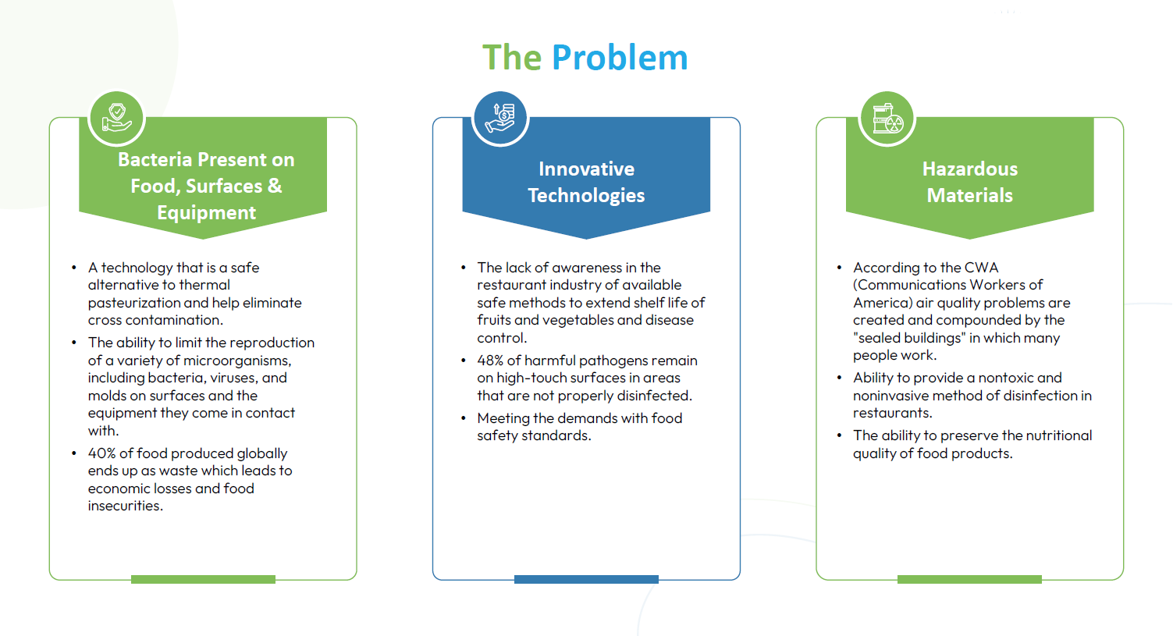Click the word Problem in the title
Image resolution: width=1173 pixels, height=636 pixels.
[620, 57]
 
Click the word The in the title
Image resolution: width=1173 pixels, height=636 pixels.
[512, 57]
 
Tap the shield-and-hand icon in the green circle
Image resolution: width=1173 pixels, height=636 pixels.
[116, 118]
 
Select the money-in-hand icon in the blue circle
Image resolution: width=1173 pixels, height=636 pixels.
[499, 118]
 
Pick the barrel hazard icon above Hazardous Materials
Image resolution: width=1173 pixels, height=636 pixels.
[887, 119]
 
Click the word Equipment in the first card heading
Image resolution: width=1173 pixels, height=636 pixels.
[206, 212]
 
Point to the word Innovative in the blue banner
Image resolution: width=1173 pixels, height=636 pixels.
[587, 169]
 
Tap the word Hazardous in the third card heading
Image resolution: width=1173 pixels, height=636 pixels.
[970, 169]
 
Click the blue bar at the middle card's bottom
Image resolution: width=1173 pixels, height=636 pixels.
[586, 579]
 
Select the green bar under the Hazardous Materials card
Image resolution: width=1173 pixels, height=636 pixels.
[969, 579]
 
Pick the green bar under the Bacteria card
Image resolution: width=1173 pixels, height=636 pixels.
[203, 579]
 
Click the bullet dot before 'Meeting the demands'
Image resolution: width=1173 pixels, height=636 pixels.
[464, 418]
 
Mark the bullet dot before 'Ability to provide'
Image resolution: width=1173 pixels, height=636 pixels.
[840, 378]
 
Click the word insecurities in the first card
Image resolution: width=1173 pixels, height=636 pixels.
[125, 506]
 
